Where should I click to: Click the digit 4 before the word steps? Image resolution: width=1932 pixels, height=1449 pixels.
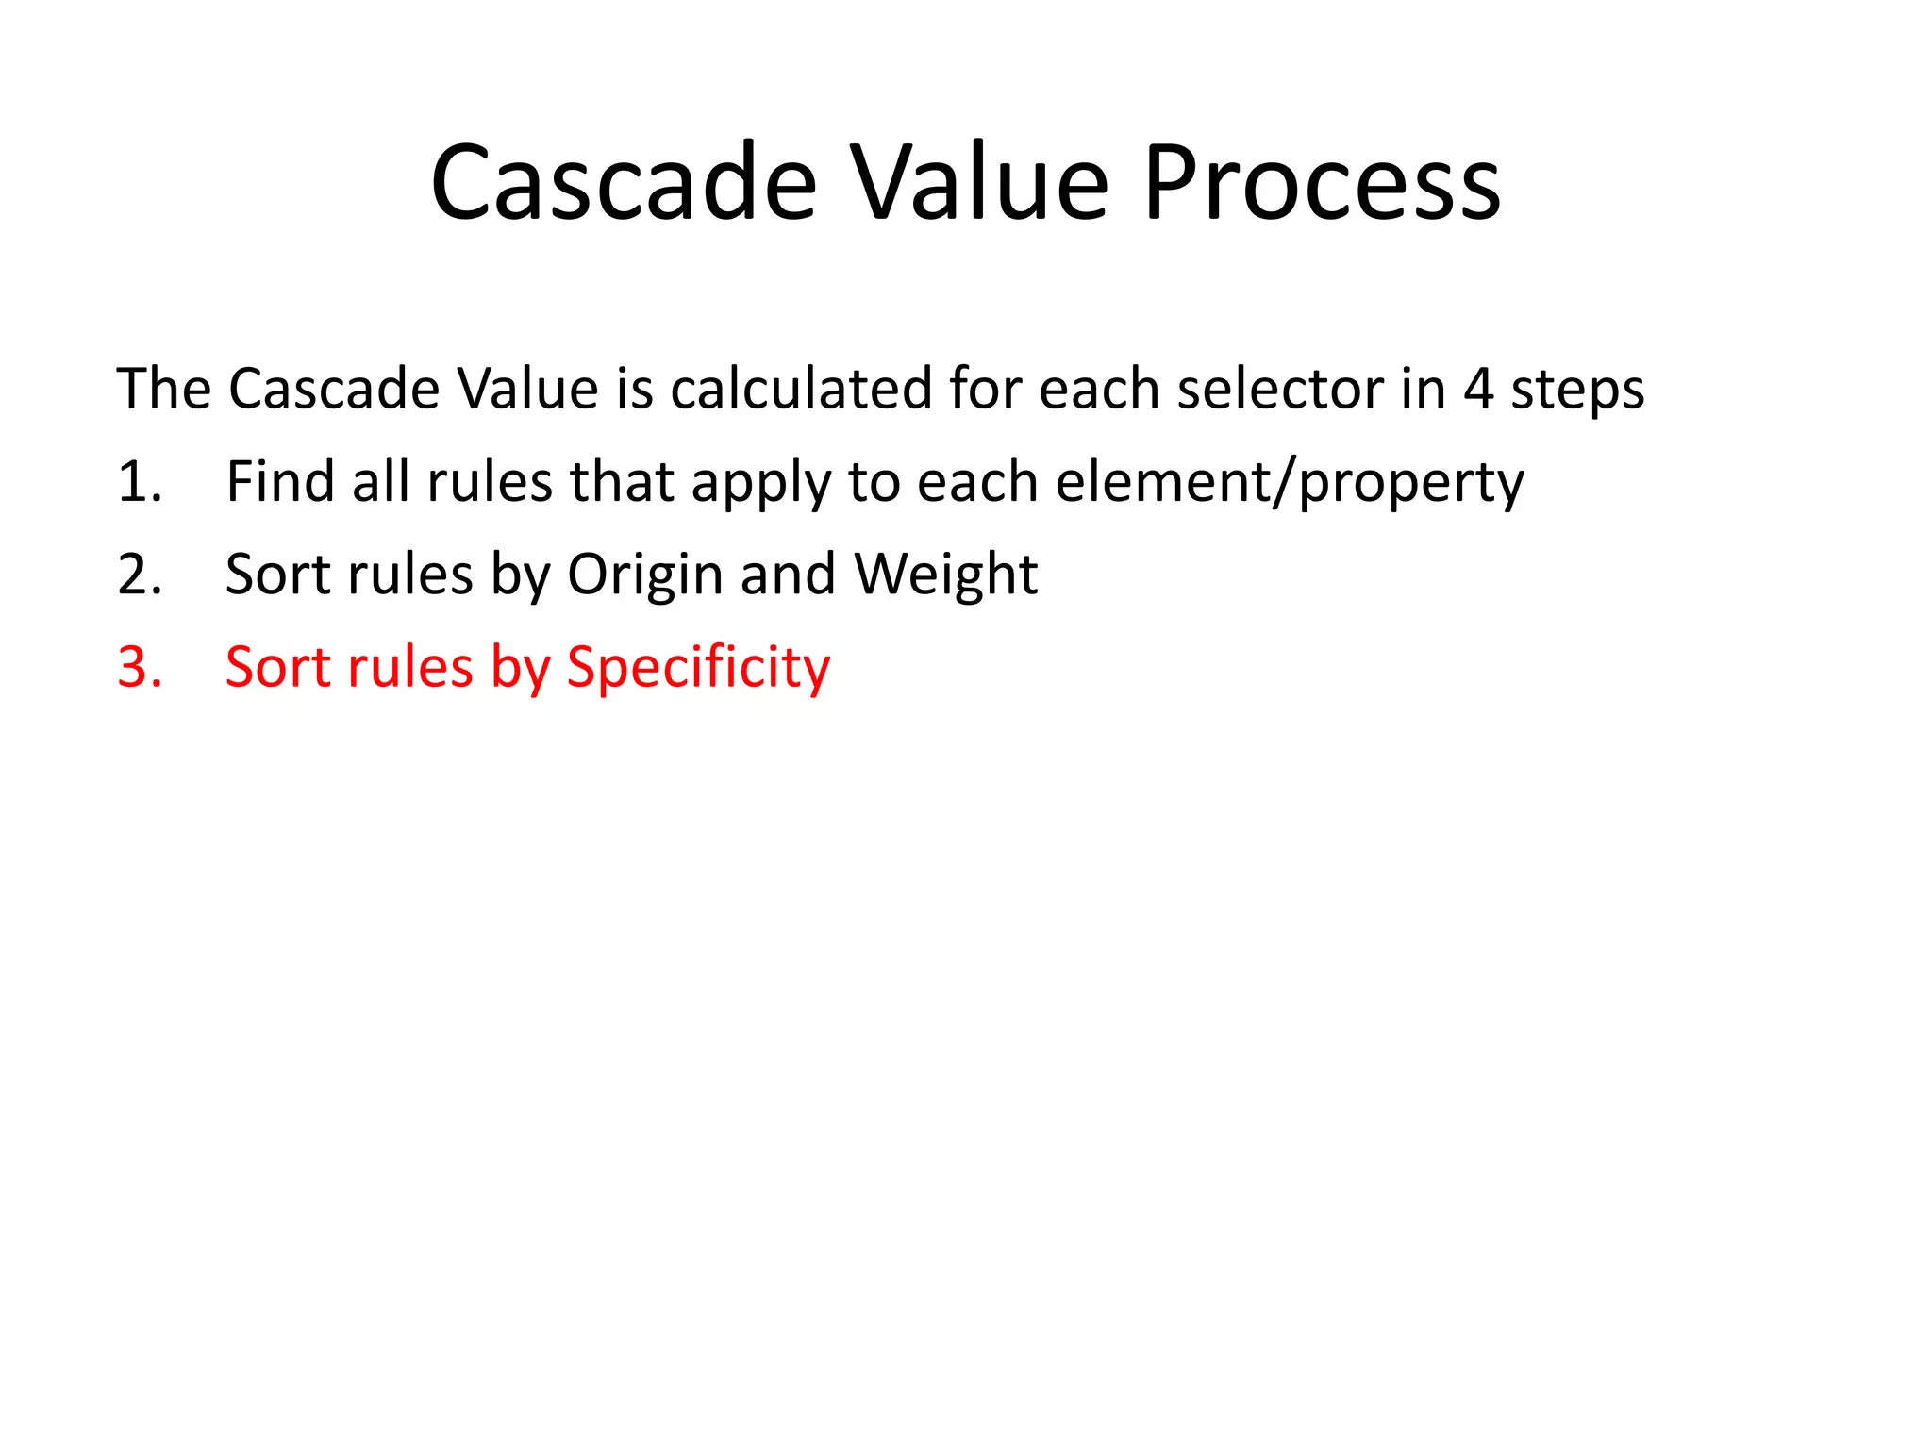tap(1477, 389)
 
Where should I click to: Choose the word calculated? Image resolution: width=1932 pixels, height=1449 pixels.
tap(801, 389)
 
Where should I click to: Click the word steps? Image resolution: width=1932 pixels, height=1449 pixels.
tap(1577, 391)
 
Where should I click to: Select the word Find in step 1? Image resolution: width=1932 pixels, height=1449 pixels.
tap(280, 482)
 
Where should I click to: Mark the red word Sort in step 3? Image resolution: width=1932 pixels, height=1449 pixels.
tap(278, 668)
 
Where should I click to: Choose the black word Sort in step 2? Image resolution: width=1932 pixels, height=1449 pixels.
tap(278, 575)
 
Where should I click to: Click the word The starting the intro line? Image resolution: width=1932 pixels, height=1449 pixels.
tap(162, 389)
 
